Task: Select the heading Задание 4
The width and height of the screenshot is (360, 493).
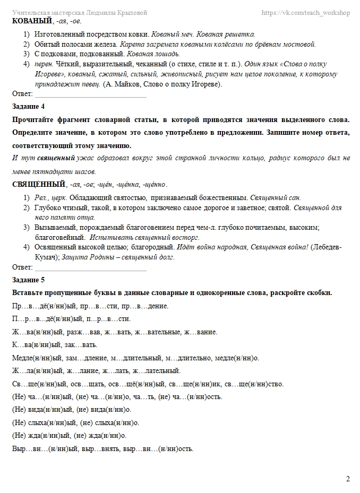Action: pos(28,107)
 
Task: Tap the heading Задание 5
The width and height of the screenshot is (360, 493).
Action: pos(28,279)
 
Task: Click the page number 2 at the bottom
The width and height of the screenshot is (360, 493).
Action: pos(348,479)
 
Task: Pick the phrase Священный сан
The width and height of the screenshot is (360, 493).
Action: pos(272,197)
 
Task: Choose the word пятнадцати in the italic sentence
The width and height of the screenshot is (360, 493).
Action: pos(54,171)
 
